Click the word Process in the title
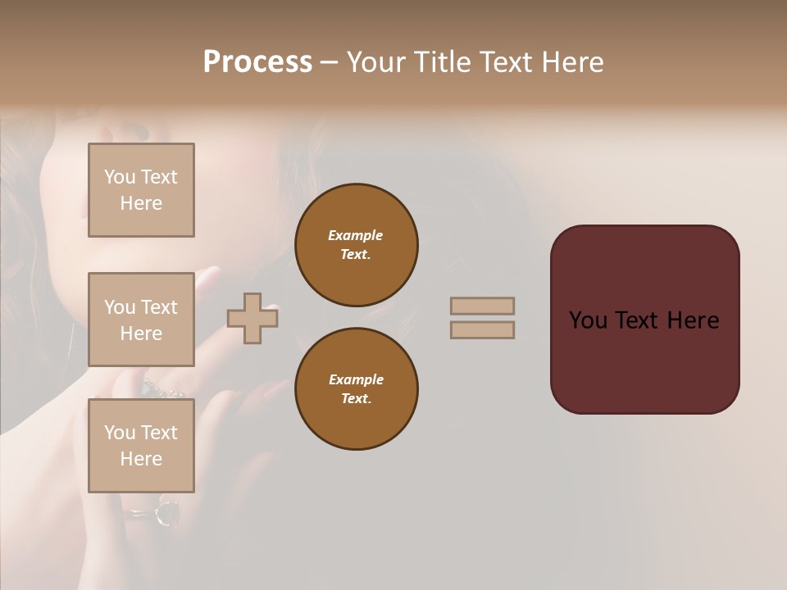coord(257,62)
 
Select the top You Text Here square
coord(141,190)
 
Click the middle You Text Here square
coord(141,320)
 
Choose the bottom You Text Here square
coord(141,446)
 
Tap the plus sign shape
coord(252,318)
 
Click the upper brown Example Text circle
coord(357,244)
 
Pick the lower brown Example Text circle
coord(357,388)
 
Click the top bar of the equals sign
coord(482,306)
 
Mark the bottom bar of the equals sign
coord(482,329)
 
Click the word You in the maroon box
coord(589,320)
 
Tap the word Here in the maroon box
coord(693,320)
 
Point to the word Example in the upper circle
coord(356,235)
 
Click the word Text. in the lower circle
coord(356,398)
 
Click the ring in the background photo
coord(167,513)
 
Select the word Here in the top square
coord(141,203)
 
